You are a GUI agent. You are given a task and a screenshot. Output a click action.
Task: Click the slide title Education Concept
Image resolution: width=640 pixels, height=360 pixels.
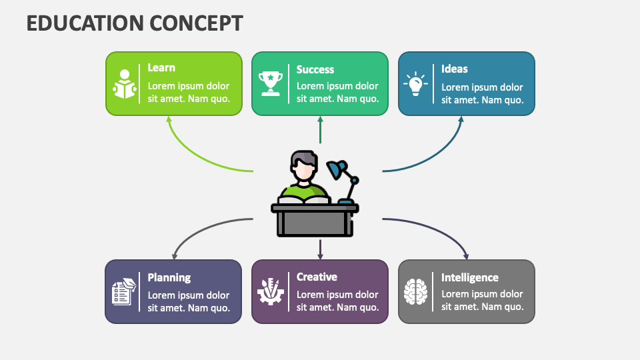coord(134,23)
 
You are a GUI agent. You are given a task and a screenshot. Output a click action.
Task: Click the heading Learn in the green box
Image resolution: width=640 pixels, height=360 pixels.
coord(161,67)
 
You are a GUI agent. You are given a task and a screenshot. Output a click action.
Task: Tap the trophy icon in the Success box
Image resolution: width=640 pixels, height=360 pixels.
coord(271,83)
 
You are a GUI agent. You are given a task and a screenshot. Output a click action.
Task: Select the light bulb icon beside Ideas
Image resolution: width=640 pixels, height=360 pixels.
coord(415,83)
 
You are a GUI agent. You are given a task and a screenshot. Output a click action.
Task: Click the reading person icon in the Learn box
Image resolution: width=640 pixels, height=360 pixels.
coord(125,84)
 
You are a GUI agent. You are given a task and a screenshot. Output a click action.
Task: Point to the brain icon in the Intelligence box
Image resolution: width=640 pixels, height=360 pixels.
coord(415,292)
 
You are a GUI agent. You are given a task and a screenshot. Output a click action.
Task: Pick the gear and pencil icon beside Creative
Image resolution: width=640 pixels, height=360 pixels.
coord(271,291)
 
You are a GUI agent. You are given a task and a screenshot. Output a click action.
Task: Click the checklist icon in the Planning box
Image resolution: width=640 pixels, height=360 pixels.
coord(123,292)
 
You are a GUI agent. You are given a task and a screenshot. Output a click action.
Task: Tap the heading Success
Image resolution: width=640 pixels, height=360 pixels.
coord(315,69)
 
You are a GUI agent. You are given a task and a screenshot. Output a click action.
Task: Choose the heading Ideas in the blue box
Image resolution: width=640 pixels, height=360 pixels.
coord(454,69)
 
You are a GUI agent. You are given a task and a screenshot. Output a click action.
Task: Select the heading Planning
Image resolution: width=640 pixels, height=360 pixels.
coord(169,277)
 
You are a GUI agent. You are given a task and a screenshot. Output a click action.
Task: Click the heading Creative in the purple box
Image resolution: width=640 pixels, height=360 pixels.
coord(317,277)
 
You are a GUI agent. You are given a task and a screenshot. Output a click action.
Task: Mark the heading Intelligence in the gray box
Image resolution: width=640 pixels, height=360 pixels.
coord(469,277)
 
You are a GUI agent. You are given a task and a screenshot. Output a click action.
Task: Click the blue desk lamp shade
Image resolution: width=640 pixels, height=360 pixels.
coord(336,170)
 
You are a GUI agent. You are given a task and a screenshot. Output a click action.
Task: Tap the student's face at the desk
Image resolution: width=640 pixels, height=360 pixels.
coord(304,171)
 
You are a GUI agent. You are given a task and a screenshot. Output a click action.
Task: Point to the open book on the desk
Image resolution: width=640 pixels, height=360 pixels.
coord(304,199)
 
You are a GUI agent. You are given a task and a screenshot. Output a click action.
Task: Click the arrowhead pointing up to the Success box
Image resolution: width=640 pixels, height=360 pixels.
coord(320,121)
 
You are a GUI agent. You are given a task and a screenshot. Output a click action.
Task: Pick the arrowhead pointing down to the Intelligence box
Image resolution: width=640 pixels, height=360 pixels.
coord(465,255)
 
